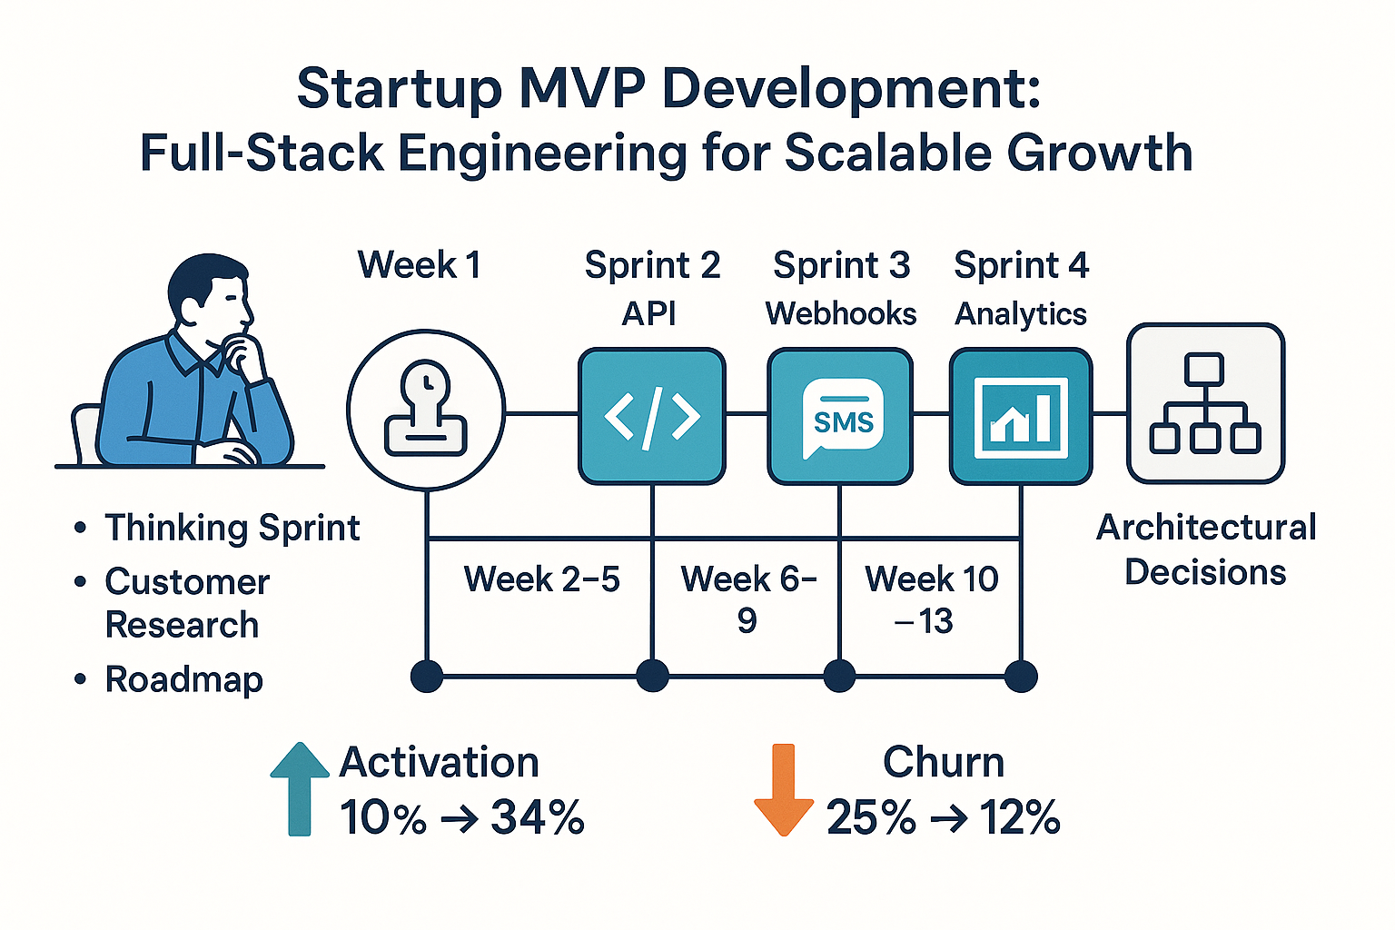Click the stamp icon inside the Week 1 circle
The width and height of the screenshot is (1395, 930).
tap(426, 411)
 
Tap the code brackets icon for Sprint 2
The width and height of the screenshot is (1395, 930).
tap(652, 417)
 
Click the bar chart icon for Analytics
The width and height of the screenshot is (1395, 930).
tap(1021, 417)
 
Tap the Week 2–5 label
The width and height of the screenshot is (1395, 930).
tap(541, 579)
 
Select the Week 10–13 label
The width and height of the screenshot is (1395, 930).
tap(931, 599)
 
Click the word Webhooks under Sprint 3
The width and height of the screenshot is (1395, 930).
tap(841, 313)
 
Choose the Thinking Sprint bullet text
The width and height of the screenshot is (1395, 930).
tap(232, 528)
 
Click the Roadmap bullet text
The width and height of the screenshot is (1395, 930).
tap(184, 679)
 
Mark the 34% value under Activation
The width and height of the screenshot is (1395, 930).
tap(538, 817)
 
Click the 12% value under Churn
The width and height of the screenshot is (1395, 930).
tap(1020, 817)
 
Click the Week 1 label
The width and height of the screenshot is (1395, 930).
tap(419, 265)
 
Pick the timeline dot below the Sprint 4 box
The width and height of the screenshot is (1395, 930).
tap(1021, 676)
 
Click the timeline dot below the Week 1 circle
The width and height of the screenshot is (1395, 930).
tap(427, 676)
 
